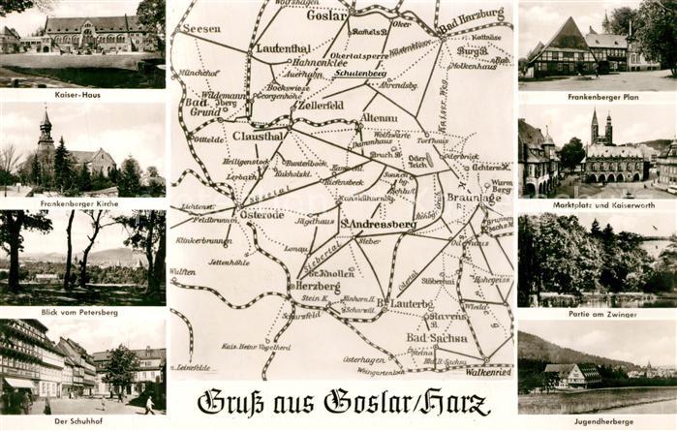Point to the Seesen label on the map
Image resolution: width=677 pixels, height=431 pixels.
[x=201, y=29]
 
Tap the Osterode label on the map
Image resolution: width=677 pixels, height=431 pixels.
[x=262, y=214]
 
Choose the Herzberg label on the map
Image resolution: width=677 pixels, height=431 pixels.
[x=317, y=286]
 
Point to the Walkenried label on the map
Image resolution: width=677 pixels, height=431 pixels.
[x=488, y=370]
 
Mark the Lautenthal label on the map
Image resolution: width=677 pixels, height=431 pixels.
[x=283, y=46]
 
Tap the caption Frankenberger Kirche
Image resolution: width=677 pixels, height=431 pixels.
[x=78, y=204]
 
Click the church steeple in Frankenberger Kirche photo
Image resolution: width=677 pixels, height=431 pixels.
[x=45, y=124]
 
